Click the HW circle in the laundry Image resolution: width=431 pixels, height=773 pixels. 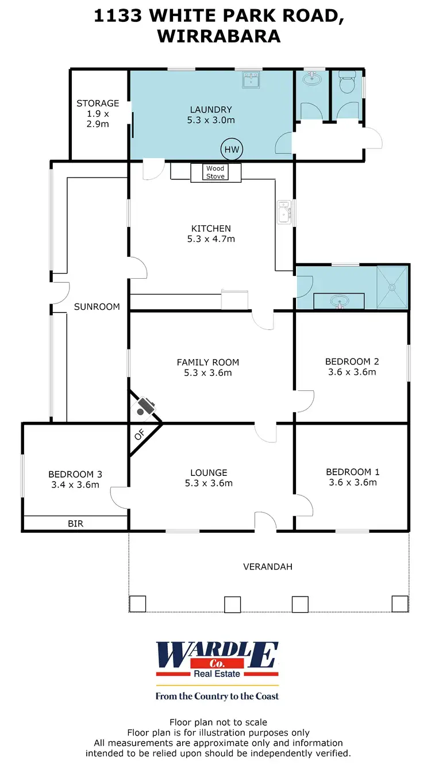point(232,150)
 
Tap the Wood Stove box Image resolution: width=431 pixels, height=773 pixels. point(215,172)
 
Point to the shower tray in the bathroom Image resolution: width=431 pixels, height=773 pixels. point(392,287)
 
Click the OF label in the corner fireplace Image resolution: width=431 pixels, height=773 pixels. point(138,436)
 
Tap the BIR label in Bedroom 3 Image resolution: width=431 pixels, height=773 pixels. point(75,524)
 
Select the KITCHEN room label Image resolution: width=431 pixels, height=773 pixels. point(211,228)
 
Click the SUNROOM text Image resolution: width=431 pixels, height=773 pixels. point(97,306)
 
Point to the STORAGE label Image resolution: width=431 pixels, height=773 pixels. point(98,103)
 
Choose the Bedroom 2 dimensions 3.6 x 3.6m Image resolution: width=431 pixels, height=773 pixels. point(352,372)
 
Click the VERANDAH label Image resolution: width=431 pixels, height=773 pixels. point(268,567)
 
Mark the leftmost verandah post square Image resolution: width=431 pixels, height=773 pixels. point(137,604)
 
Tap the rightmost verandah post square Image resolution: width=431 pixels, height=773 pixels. point(400,604)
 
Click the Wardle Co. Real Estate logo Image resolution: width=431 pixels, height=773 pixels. point(217,660)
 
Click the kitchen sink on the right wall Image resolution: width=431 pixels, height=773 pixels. point(284,213)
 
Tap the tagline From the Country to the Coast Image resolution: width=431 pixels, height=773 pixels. point(217,696)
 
